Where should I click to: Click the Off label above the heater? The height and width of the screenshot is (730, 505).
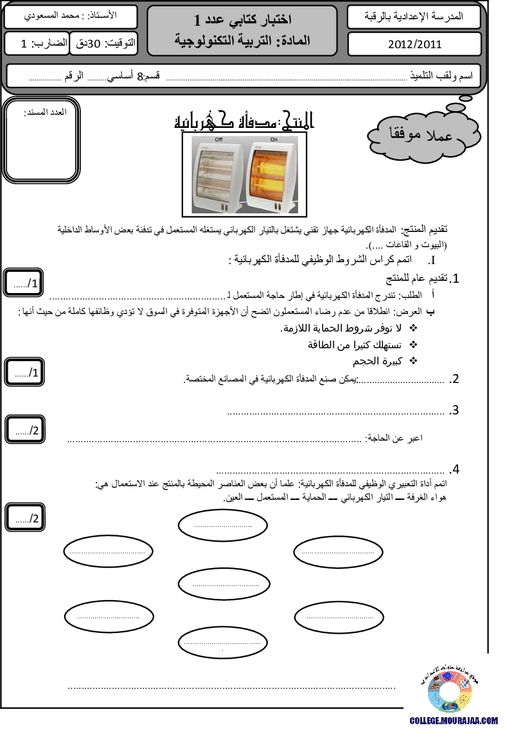tap(218, 139)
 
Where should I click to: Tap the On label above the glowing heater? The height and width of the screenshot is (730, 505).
tap(274, 139)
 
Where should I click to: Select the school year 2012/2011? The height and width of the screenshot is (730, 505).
tap(414, 44)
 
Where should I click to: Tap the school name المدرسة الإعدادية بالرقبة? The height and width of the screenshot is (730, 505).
tap(414, 15)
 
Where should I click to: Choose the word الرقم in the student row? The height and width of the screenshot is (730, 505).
tap(74, 76)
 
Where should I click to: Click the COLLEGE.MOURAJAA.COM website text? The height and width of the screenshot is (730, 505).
tap(454, 721)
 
